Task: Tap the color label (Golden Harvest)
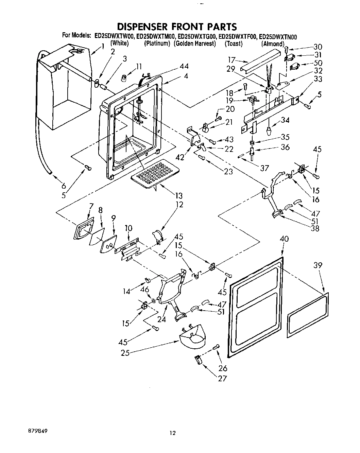tap(195, 43)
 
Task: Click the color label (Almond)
tap(273, 44)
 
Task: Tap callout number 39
tap(318, 265)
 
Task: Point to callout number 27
tap(222, 378)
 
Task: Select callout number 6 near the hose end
tap(63, 186)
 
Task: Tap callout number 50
tap(318, 63)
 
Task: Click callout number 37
tap(264, 168)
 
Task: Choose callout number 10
tap(128, 228)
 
